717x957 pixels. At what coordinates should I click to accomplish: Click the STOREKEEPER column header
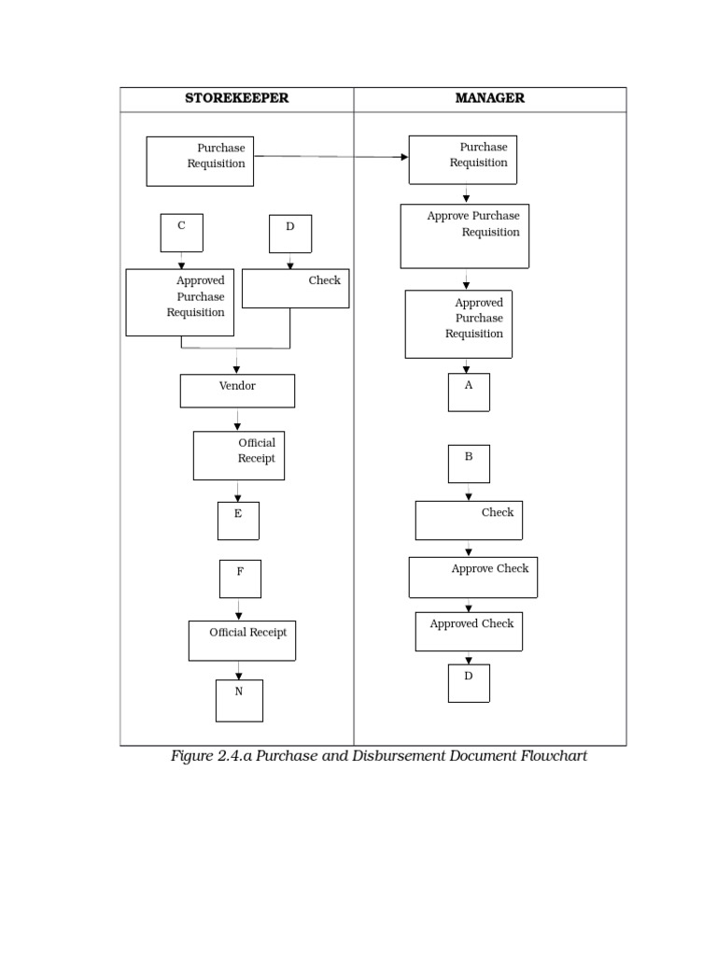[236, 98]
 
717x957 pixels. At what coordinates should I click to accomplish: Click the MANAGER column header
[489, 98]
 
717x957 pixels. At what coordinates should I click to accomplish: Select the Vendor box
[237, 391]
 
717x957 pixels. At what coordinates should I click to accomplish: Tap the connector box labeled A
[469, 393]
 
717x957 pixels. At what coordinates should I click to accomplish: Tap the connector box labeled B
[469, 464]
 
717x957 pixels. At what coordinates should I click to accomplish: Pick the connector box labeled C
[181, 233]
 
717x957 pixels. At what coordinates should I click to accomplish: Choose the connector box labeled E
[238, 521]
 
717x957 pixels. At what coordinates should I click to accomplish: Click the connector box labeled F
[240, 578]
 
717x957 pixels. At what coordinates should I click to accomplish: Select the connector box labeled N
[239, 700]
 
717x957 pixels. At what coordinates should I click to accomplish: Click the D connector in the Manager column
[469, 683]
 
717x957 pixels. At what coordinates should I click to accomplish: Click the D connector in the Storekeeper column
[290, 234]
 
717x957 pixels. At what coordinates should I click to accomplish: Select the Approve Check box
[472, 578]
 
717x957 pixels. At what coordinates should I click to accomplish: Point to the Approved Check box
[469, 631]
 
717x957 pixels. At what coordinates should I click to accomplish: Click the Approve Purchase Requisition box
[465, 236]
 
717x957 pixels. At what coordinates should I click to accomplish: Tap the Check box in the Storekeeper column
[295, 288]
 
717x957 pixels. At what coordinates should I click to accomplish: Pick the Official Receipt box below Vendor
[239, 455]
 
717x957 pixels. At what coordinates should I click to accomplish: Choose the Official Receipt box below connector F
[242, 640]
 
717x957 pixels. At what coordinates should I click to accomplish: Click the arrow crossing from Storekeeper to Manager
[331, 157]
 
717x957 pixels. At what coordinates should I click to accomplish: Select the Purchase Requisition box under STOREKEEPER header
[200, 161]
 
